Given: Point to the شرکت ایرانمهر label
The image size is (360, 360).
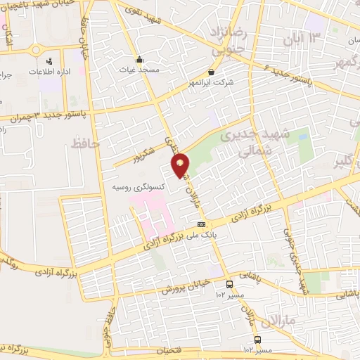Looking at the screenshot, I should coord(212,82).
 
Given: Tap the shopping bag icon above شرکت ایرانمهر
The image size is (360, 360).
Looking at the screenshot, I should coord(212,71).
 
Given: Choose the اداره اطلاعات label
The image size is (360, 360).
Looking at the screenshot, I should coord(48,72).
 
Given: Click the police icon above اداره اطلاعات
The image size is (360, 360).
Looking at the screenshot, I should coord(48,61).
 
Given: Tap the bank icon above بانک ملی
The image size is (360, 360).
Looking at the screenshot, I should coord(202,225).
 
